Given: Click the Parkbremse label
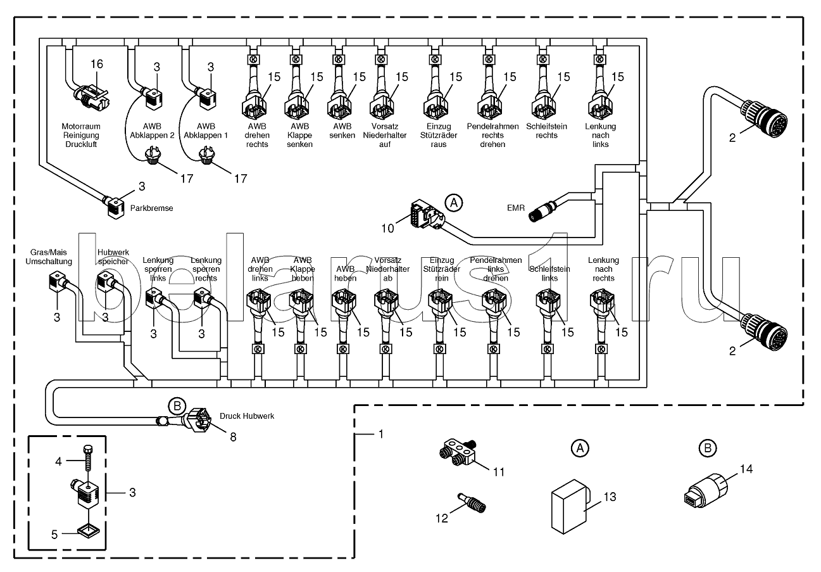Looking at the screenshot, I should (x=151, y=208).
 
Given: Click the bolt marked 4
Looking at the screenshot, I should (x=87, y=457).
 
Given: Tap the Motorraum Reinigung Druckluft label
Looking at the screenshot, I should (x=80, y=135).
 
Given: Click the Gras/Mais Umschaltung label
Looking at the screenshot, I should (x=49, y=257).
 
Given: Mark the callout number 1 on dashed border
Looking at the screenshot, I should (x=380, y=435).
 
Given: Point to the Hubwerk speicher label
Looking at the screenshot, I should (x=113, y=257).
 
